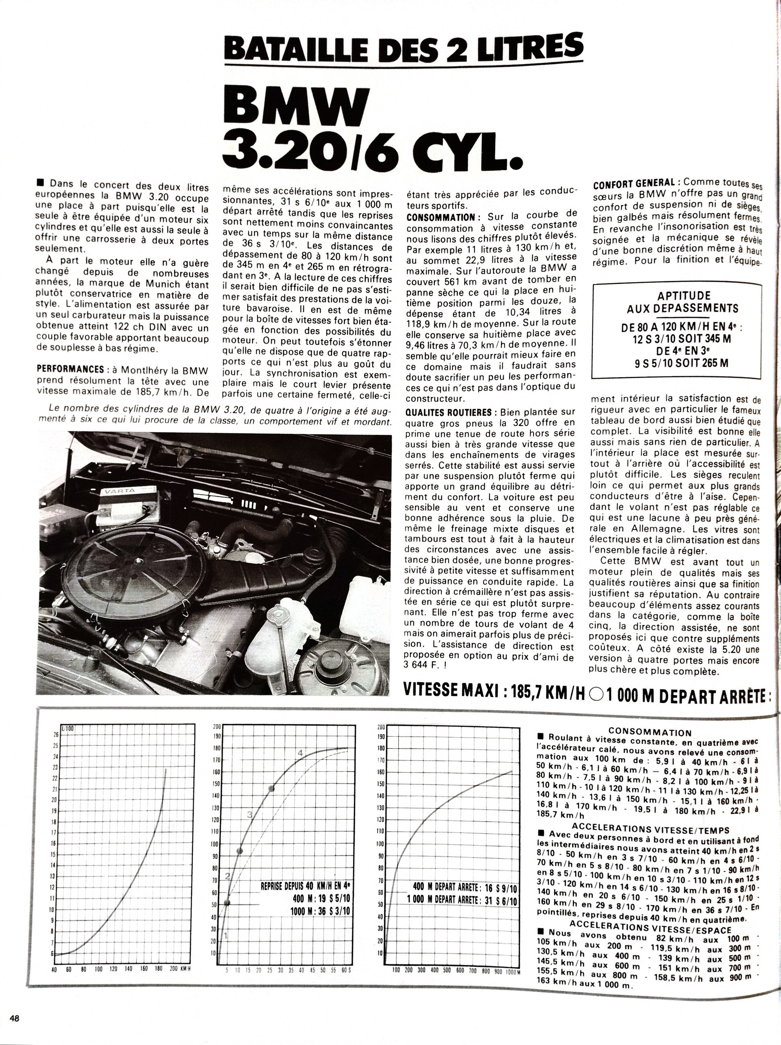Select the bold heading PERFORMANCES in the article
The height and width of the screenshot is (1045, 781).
pos(70,369)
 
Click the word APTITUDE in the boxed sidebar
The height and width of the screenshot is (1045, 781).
pos(677,296)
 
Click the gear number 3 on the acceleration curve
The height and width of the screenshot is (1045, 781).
pos(250,814)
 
